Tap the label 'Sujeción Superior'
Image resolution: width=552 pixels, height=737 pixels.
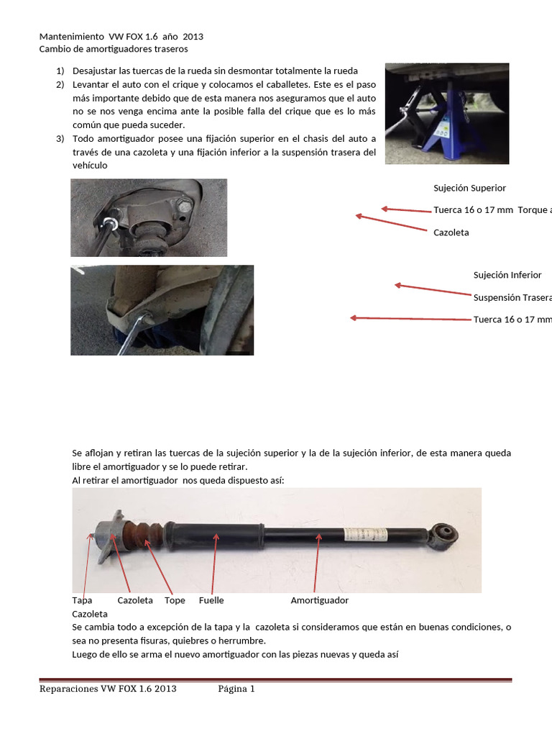(x=469, y=188)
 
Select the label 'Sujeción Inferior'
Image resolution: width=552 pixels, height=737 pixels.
(x=507, y=275)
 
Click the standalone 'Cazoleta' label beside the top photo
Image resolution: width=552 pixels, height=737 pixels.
(x=451, y=232)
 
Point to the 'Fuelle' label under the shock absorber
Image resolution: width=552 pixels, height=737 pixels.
(x=211, y=600)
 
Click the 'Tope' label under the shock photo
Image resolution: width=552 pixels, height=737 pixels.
(x=175, y=600)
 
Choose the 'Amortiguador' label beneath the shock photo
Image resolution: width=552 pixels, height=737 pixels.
(x=319, y=600)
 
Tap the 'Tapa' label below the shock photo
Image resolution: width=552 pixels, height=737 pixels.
(x=82, y=600)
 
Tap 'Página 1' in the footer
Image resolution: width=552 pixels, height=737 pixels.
(x=236, y=689)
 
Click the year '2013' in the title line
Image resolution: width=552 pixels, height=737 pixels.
(x=201, y=36)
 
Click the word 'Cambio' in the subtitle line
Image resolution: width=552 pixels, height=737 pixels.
(x=55, y=49)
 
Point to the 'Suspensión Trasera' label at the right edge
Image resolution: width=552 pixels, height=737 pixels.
(x=512, y=297)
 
